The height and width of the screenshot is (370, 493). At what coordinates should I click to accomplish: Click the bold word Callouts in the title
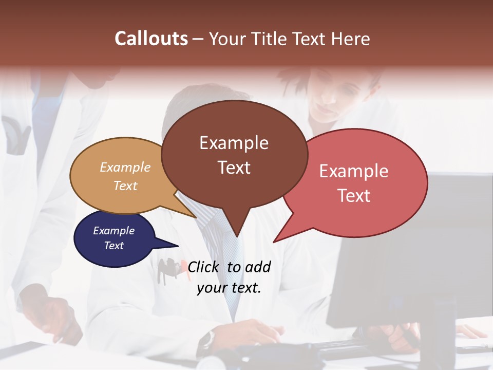(x=151, y=39)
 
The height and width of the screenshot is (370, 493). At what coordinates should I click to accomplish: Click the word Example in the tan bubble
(x=125, y=167)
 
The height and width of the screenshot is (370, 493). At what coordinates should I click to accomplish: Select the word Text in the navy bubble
(x=114, y=246)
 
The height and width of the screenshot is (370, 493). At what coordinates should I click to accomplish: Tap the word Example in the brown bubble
(x=234, y=143)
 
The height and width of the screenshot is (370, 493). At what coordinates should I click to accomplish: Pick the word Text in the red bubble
(x=354, y=196)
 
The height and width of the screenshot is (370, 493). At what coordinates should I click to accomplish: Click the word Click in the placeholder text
(x=204, y=267)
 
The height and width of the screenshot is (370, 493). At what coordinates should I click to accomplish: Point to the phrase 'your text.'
(x=229, y=288)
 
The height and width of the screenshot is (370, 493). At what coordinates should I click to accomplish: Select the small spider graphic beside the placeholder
(x=168, y=267)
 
